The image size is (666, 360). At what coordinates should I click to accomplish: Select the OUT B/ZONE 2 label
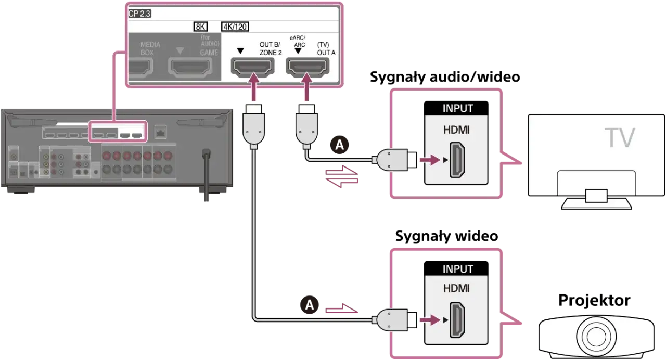[270, 49]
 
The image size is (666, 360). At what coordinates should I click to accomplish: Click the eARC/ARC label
[298, 42]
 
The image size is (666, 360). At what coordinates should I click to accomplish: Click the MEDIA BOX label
[150, 49]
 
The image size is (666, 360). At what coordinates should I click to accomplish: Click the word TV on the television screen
[620, 138]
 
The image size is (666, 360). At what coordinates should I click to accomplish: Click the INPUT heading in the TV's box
[457, 109]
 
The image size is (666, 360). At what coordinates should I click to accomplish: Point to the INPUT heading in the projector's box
[457, 269]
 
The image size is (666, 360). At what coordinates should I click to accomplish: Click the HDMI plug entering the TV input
[396, 160]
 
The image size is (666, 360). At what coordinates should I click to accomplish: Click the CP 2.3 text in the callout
[139, 14]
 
